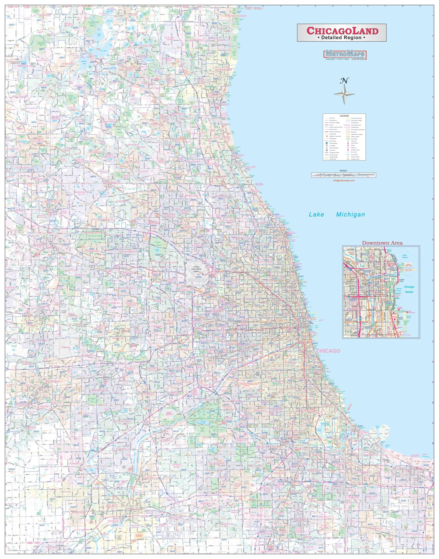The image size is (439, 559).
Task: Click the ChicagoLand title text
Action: (342, 31)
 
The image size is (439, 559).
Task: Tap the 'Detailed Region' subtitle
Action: (341, 38)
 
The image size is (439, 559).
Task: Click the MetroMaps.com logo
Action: (345, 55)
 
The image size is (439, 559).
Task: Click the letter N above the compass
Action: (344, 81)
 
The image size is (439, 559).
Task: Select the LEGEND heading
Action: (344, 116)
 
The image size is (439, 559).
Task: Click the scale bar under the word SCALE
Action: (344, 175)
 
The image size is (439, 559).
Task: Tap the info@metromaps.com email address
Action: (344, 181)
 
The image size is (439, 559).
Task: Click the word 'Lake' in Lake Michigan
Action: (316, 215)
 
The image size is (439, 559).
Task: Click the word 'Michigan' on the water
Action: (351, 215)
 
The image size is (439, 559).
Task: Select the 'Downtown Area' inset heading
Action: (382, 243)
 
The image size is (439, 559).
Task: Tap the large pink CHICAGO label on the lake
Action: (328, 351)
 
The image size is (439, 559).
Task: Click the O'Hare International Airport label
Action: (196, 269)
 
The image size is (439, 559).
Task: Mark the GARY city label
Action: (415, 456)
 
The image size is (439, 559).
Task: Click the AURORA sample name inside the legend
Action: (347, 125)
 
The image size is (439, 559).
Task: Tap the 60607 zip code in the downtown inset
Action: (353, 300)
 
